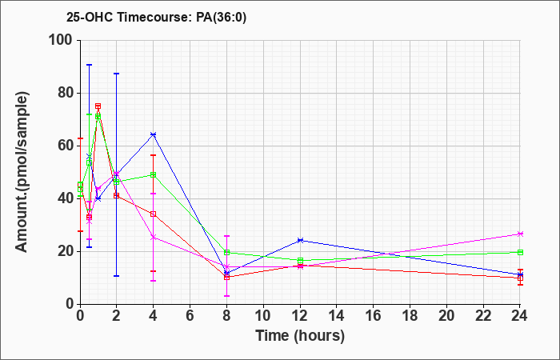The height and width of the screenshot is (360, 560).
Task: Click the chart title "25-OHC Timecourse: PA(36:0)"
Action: pos(157,18)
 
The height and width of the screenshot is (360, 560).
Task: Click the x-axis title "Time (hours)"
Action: pos(300,336)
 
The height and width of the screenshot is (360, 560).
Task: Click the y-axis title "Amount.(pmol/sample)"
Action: pos(22,172)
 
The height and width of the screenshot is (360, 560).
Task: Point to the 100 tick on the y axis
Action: pos(63,40)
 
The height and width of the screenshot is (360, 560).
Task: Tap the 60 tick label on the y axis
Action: pos(66,146)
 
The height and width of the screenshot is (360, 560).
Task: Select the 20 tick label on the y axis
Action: pos(66,251)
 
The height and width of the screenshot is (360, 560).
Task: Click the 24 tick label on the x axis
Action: pos(520,316)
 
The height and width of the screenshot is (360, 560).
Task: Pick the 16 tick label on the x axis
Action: pos(374,316)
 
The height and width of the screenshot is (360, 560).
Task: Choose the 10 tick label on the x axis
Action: pos(263,316)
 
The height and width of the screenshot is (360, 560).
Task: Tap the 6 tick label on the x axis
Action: pos(190,316)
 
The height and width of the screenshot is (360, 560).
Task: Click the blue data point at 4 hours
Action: pos(154,134)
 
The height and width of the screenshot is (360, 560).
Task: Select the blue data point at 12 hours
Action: pos(300,240)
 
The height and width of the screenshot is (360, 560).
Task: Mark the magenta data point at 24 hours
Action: pos(520,234)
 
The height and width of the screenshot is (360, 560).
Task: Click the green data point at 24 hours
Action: pos(520,252)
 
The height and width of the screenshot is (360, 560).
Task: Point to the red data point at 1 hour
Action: pos(98,106)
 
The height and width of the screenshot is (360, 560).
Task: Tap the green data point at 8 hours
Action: pos(226,252)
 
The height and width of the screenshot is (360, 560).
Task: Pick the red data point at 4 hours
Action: pos(154,214)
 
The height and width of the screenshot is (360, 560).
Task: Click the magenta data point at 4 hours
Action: pos(154,237)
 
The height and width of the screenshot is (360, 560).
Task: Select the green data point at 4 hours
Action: pos(154,174)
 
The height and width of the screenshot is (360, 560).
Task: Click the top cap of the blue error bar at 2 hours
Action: pos(117,74)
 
